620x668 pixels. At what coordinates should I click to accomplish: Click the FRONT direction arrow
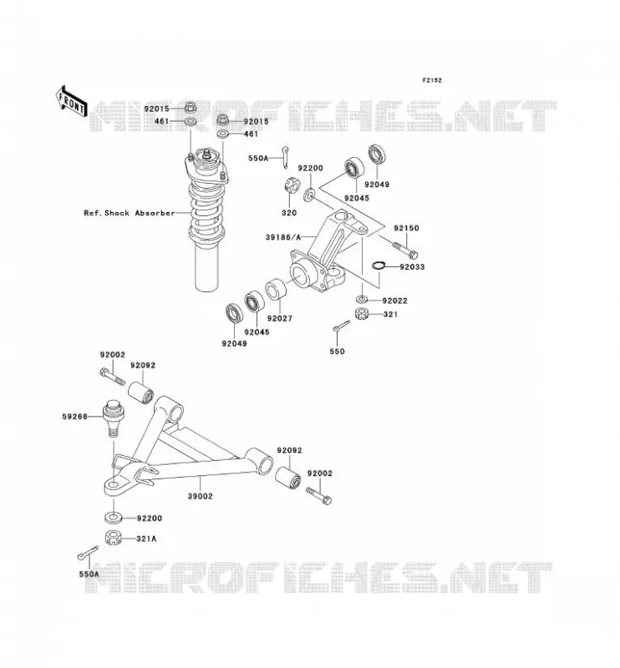click(x=72, y=101)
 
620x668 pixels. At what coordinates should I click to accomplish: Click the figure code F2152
click(x=432, y=80)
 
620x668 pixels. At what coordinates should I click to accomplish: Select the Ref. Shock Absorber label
click(x=130, y=213)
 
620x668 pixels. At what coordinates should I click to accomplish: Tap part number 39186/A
click(x=283, y=237)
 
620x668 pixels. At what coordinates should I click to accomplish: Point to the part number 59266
click(x=74, y=417)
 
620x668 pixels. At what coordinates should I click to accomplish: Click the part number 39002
click(x=200, y=496)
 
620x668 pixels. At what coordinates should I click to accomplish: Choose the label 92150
click(x=406, y=228)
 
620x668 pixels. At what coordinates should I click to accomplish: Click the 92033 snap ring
click(x=379, y=266)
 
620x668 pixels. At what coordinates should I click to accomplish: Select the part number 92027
click(x=280, y=319)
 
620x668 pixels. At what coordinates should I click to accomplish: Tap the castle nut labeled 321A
click(x=114, y=538)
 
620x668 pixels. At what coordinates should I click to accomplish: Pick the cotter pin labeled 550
click(x=342, y=326)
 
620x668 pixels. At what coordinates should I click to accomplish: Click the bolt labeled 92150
click(x=404, y=250)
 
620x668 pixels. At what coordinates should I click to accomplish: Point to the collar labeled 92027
click(x=277, y=289)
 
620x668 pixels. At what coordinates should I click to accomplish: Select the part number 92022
click(x=395, y=301)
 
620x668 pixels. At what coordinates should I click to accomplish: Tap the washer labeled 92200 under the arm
click(x=114, y=518)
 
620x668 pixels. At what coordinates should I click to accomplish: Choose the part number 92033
click(x=412, y=267)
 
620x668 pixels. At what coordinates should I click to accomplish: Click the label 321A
click(x=146, y=539)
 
